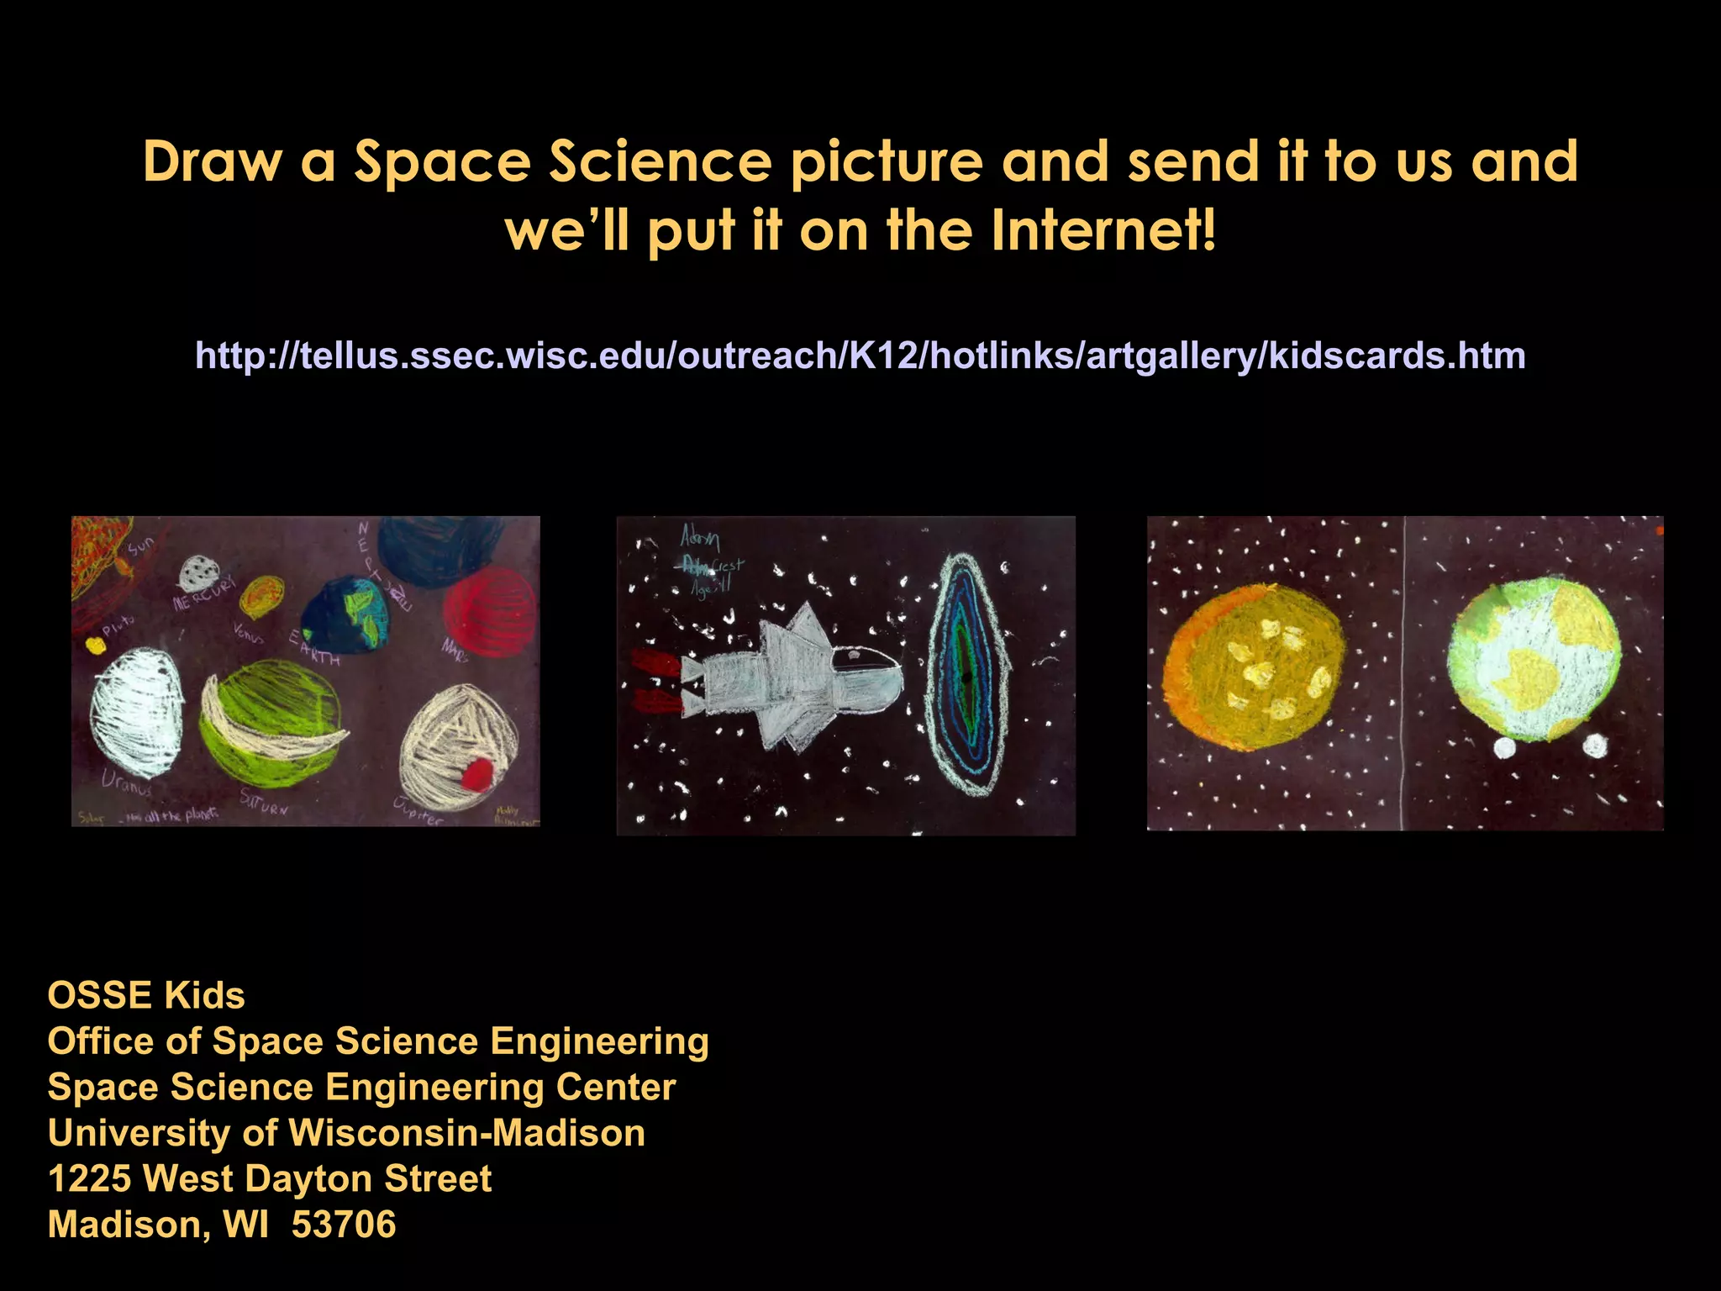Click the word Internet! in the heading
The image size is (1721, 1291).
[1103, 230]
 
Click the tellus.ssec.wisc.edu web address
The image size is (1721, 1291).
[860, 356]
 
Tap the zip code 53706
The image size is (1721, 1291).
[344, 1225]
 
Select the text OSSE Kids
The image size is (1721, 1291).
[146, 995]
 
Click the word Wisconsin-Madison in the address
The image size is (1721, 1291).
[467, 1133]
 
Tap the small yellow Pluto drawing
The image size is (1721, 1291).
[95, 645]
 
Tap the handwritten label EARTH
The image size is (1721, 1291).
[314, 647]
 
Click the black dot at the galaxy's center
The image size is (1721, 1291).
[966, 677]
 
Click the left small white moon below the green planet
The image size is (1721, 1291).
[1504, 747]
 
